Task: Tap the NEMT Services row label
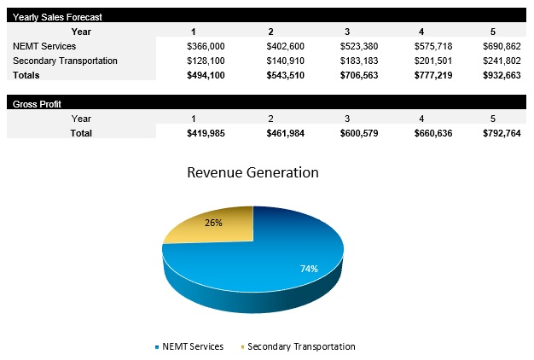[x=44, y=46]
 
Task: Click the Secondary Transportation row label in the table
[x=65, y=61]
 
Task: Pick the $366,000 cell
[x=205, y=46]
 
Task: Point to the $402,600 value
[x=282, y=46]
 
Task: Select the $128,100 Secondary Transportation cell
[x=205, y=61]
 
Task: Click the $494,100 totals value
[x=205, y=75]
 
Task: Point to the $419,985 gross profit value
[x=205, y=133]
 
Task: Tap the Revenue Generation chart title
[x=252, y=172]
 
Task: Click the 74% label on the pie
[x=309, y=269]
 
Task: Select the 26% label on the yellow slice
[x=214, y=223]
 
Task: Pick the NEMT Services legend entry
[x=189, y=346]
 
